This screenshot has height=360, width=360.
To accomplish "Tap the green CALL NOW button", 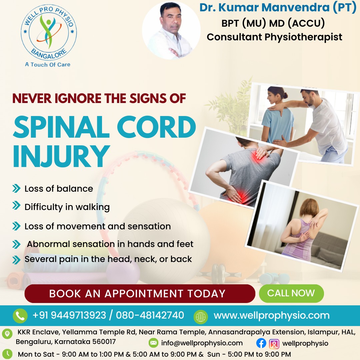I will click(291, 293).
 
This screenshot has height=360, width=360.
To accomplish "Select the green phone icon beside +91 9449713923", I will click(20, 316).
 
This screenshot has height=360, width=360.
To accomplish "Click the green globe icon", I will click(201, 316).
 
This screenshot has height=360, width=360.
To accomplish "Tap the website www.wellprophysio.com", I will click(271, 315).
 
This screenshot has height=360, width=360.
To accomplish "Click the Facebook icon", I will click(261, 343).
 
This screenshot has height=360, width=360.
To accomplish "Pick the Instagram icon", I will click(274, 343).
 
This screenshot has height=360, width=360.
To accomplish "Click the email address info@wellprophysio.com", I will click(202, 343).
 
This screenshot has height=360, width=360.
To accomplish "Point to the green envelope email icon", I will click(153, 343).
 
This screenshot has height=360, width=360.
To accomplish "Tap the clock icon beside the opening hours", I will click(7, 354).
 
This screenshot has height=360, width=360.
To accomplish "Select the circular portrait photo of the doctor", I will click(171, 31).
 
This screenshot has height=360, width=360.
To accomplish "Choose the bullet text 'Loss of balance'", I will click(59, 189).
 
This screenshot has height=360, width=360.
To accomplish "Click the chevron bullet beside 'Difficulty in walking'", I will click(16, 206).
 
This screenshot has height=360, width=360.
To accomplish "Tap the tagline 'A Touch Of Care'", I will click(48, 64).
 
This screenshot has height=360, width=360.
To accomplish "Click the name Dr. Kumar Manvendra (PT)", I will click(278, 8).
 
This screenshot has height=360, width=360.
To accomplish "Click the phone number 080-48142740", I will click(150, 315).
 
